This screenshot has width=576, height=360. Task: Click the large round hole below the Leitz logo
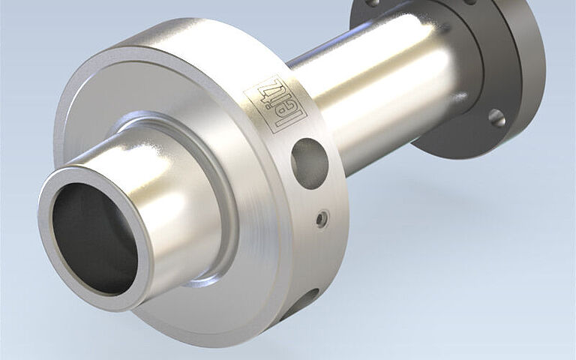pyautogui.click(x=309, y=163)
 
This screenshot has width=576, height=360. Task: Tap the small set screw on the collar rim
pyautogui.click(x=322, y=219)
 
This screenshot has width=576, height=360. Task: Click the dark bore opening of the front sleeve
pyautogui.click(x=94, y=238)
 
